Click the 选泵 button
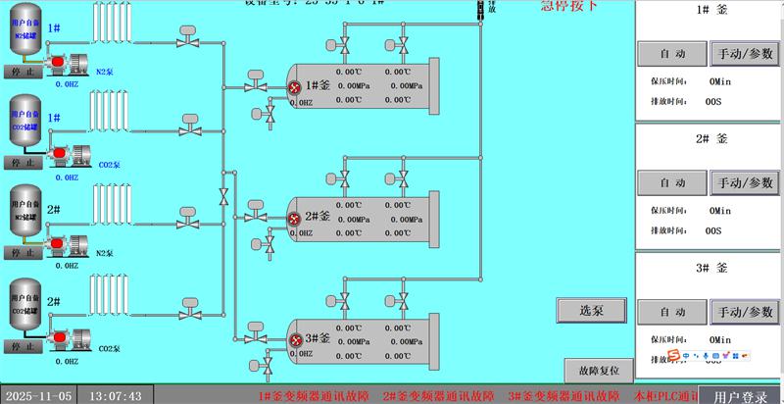click(x=591, y=310)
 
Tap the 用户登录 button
click(x=741, y=397)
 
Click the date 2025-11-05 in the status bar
click(x=38, y=396)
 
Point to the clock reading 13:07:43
click(x=116, y=396)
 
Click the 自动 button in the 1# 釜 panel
click(x=672, y=52)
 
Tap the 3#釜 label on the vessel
click(x=318, y=337)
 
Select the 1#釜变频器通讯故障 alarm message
click(x=314, y=396)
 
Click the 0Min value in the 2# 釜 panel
click(x=720, y=210)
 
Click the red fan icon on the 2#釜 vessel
click(x=295, y=218)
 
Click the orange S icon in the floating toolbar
click(x=675, y=354)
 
